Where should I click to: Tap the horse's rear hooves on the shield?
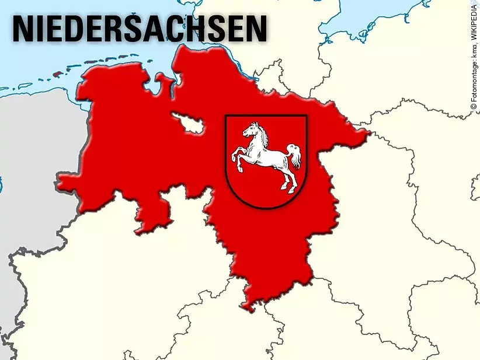point(286,187)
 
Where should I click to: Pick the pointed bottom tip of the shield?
point(266,208)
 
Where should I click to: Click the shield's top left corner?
point(226,116)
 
